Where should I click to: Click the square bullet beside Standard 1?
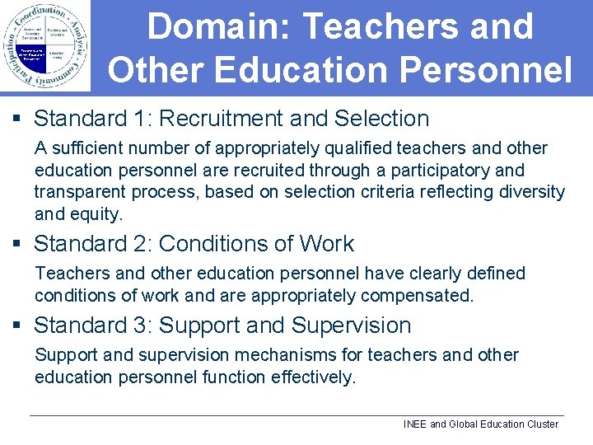point(18,119)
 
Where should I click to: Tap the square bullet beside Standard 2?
point(18,245)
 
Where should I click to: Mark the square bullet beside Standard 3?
point(18,326)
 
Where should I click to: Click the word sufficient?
point(85,148)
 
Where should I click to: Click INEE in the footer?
point(415,424)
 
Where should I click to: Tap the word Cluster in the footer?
point(540,424)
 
